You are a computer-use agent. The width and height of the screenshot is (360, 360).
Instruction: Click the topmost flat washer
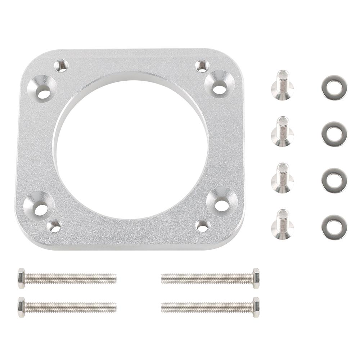(334, 87)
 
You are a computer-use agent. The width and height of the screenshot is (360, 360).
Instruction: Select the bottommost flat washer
(334, 227)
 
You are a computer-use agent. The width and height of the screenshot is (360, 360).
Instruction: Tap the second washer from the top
(334, 134)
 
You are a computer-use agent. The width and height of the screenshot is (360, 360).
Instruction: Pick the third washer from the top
(334, 180)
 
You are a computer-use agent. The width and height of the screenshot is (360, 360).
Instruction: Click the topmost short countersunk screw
(283, 85)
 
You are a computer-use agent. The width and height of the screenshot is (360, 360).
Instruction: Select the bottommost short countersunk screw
(283, 225)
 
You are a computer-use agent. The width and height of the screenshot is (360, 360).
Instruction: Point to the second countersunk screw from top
(283, 132)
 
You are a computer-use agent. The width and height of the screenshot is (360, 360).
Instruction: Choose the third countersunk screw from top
(283, 178)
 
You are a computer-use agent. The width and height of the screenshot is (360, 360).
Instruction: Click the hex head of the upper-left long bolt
(21, 278)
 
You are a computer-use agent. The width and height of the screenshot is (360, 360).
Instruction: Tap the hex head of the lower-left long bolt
(21, 307)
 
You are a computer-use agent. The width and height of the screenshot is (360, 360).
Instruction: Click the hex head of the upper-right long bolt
(256, 278)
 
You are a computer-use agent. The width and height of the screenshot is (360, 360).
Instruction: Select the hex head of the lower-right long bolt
(256, 307)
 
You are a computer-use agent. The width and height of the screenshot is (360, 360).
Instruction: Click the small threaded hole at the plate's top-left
(62, 66)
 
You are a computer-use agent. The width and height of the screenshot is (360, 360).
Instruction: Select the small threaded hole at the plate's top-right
(202, 66)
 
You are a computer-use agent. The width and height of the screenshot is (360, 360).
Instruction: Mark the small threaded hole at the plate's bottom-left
(55, 226)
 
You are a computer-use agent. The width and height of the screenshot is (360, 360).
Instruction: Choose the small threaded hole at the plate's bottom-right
(202, 226)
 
